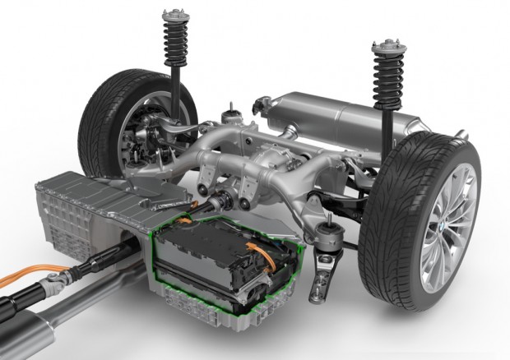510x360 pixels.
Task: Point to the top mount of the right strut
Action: (385, 44)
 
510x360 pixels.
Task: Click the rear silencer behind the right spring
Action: (329, 115)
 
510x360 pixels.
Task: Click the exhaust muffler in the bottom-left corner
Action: (25, 329)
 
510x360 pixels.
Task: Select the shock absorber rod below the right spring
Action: (384, 127)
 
